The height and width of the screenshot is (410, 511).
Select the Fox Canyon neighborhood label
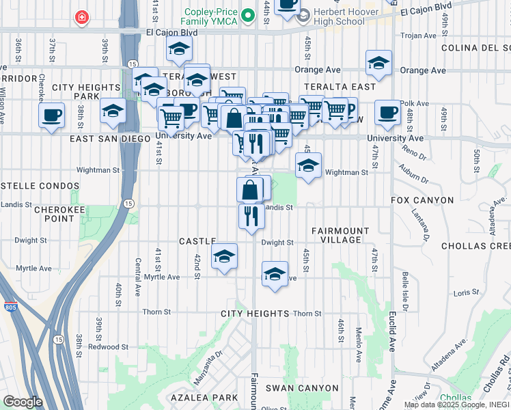tap(422, 200)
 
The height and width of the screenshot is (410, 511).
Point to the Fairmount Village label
tap(340, 235)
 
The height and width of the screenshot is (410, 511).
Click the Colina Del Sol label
tap(475, 48)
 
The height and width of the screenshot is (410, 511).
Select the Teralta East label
tap(344, 87)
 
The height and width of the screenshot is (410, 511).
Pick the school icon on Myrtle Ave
tap(275, 275)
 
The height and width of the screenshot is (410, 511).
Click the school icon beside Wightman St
tap(308, 165)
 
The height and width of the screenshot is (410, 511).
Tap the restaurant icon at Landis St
tap(251, 215)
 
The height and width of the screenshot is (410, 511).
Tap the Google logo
tap(23, 401)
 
